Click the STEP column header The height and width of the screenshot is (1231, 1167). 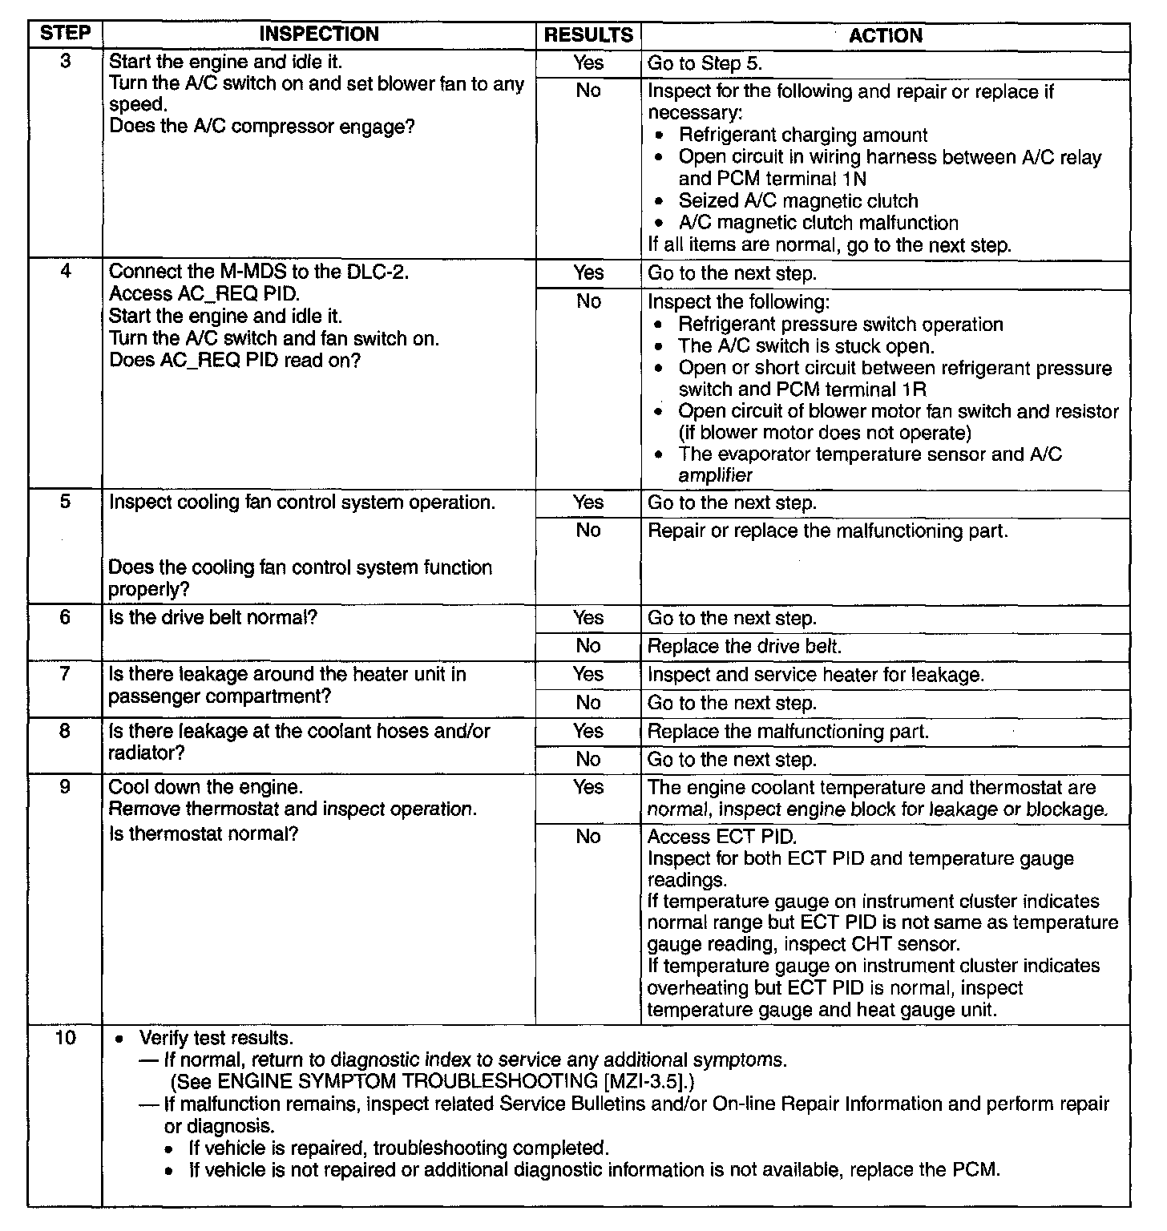coord(65,34)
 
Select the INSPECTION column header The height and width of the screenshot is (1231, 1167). coord(319,34)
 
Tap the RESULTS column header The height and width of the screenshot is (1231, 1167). coord(588,35)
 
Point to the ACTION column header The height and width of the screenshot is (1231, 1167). coord(885,35)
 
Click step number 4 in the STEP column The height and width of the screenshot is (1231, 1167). coord(65,272)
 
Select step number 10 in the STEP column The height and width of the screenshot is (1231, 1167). coord(65,1038)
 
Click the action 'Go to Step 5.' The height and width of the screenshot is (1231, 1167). coord(705,64)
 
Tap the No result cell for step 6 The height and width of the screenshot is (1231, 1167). coord(588,646)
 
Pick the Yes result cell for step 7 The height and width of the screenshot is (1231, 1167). coord(588,674)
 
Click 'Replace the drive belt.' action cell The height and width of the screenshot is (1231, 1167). coord(745,646)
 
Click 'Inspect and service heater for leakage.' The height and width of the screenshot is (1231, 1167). coord(815,675)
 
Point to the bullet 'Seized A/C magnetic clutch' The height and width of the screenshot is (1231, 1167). coord(798,201)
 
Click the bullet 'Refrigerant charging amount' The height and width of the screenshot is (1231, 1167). coord(803,135)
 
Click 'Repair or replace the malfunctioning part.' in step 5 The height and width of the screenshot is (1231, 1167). coord(827,531)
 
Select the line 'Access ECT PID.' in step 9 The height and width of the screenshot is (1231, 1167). coord(722,837)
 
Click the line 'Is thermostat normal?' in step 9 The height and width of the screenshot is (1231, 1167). coord(204,834)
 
